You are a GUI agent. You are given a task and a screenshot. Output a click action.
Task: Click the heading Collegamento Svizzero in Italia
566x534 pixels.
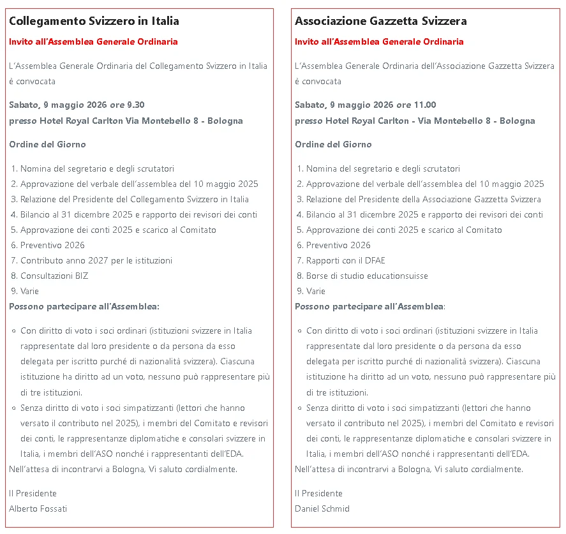[94, 21]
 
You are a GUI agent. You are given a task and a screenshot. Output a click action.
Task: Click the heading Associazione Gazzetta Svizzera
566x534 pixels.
[380, 21]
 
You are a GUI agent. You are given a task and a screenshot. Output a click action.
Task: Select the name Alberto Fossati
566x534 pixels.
[38, 508]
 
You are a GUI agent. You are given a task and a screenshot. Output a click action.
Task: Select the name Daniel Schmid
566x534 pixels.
[322, 508]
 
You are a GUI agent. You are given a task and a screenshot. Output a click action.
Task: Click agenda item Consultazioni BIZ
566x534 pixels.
[54, 276]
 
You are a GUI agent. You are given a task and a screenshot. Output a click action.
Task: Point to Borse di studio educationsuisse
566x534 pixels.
[367, 276]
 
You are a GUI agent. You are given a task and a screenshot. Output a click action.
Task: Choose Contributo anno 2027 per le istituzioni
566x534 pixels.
[96, 260]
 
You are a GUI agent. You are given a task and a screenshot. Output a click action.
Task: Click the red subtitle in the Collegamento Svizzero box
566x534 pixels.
[93, 41]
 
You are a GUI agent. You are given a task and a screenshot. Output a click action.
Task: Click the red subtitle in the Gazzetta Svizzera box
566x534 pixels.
[379, 41]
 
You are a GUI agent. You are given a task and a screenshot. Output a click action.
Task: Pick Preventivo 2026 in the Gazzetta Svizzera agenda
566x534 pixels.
[338, 245]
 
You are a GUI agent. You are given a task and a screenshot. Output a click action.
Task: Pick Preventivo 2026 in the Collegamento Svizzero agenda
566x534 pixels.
[52, 245]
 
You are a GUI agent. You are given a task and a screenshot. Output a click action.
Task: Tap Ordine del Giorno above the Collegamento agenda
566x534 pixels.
[47, 144]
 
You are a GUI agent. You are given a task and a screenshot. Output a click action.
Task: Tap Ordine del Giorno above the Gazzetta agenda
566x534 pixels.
[333, 144]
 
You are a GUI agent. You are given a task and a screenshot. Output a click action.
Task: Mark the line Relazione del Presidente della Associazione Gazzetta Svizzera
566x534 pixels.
[423, 199]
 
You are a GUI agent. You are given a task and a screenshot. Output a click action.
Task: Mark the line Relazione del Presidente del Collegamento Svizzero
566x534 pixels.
[134, 199]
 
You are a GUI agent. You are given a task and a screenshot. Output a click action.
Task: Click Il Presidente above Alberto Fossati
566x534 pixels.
[33, 493]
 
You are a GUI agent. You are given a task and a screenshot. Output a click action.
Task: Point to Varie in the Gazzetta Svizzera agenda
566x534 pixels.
[315, 291]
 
